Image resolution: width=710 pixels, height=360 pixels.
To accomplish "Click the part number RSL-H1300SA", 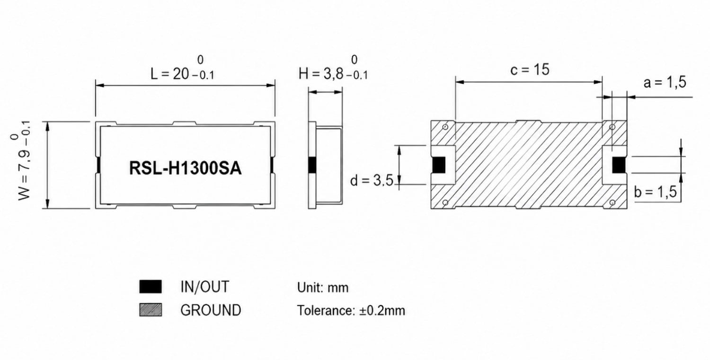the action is point(186,168).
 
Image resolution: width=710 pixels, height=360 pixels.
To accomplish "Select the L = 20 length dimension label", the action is point(183,69).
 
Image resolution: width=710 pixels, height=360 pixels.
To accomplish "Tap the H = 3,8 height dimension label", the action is point(333,69).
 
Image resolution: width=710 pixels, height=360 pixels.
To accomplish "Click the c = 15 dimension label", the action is point(530,70).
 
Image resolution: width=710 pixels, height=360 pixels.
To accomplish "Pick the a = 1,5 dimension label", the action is point(665,82).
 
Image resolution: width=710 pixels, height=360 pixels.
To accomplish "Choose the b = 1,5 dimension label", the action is point(656,192).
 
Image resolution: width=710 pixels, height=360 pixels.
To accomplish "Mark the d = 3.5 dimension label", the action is point(372,181).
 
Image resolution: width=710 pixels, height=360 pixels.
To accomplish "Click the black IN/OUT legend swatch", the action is point(151,287).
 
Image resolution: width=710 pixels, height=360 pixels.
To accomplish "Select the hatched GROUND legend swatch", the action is point(151,309).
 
